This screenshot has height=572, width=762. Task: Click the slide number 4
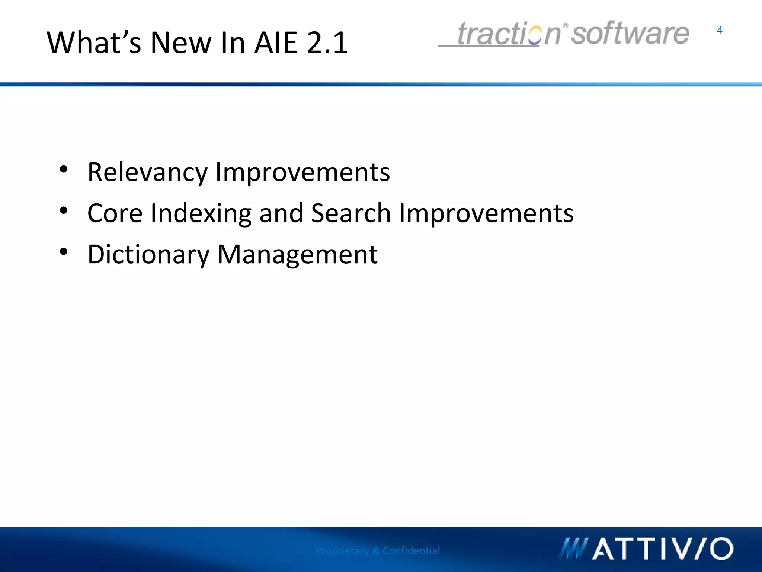pyautogui.click(x=719, y=30)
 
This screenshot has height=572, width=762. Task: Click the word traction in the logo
pyautogui.click(x=508, y=34)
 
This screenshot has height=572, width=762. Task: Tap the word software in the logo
pyautogui.click(x=630, y=34)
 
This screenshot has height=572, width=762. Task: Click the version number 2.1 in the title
pyautogui.click(x=327, y=42)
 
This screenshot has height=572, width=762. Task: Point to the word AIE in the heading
pyautogui.click(x=276, y=42)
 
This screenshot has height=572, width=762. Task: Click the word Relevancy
pyautogui.click(x=147, y=172)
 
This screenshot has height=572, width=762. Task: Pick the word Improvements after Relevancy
pyautogui.click(x=302, y=172)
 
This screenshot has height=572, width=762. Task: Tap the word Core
pyautogui.click(x=115, y=213)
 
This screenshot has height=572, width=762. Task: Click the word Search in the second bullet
pyautogui.click(x=350, y=213)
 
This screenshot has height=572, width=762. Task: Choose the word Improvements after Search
pyautogui.click(x=486, y=213)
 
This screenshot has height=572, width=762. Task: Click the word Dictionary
pyautogui.click(x=148, y=255)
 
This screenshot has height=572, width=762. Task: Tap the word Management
pyautogui.click(x=297, y=255)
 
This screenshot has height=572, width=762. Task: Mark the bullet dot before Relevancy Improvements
pyautogui.click(x=64, y=169)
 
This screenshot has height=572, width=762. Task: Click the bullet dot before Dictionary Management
pyautogui.click(x=64, y=252)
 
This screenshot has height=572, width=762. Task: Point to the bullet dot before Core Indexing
pyautogui.click(x=64, y=211)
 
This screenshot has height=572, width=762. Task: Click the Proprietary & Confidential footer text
pyautogui.click(x=377, y=550)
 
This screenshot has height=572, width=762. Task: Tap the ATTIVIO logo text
pyautogui.click(x=662, y=549)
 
